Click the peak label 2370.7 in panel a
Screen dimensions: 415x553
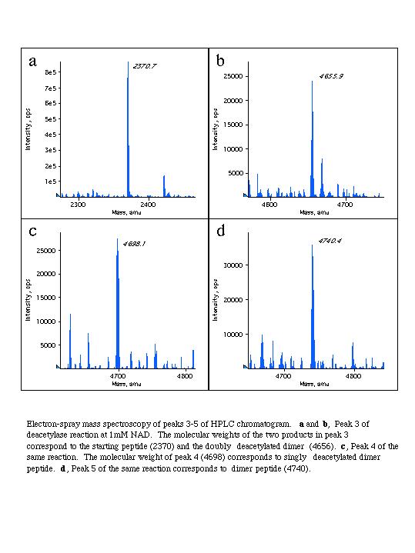(x=145, y=66)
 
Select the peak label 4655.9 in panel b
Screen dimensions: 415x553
(x=331, y=76)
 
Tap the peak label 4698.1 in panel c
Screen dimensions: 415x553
(x=134, y=244)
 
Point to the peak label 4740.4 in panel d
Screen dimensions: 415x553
(x=330, y=241)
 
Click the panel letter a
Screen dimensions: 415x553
(x=32, y=62)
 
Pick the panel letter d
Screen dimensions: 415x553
(x=221, y=231)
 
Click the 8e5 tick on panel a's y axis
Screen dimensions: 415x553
(x=51, y=72)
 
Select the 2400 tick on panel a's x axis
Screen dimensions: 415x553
(x=148, y=205)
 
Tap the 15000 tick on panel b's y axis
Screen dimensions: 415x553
(x=233, y=125)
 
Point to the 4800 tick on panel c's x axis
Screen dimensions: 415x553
(x=185, y=376)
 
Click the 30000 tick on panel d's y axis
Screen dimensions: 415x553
(x=233, y=265)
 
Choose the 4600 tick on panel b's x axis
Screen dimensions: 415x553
(x=269, y=205)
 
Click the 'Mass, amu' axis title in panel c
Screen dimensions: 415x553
(x=126, y=384)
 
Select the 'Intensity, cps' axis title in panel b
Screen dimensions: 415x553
(x=215, y=129)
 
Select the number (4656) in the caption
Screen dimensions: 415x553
(x=322, y=446)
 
